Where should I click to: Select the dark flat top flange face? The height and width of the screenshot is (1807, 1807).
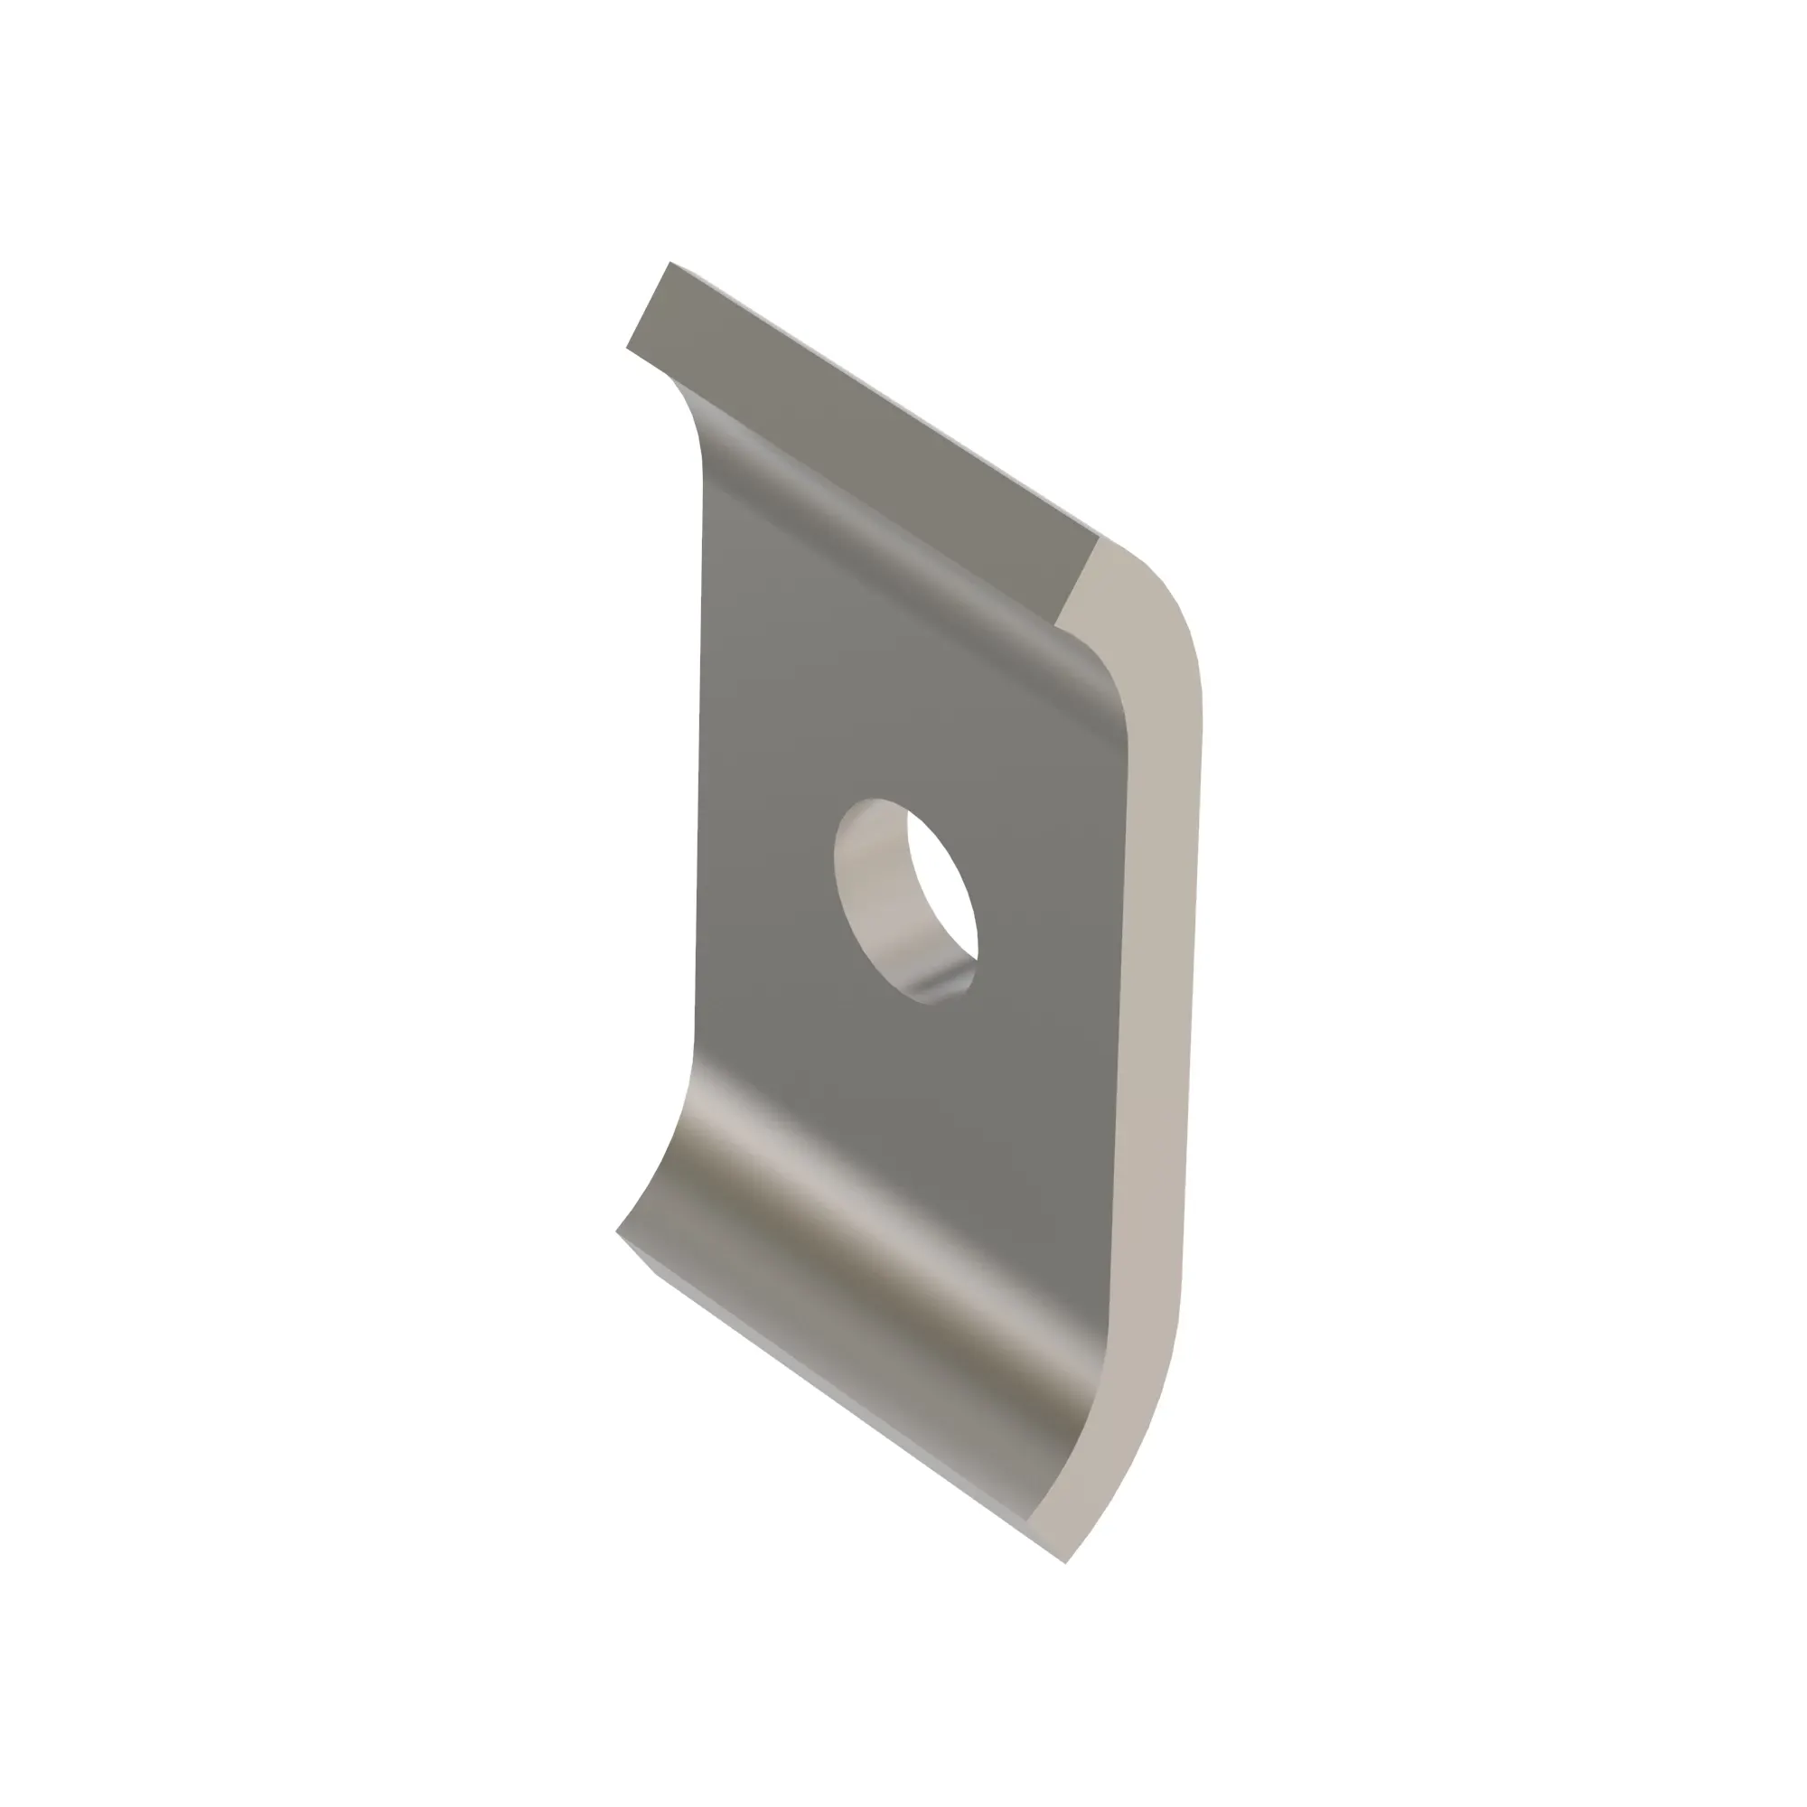860,440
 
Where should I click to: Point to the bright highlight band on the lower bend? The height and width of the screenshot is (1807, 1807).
898,1216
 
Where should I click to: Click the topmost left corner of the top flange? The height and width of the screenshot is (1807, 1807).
669,263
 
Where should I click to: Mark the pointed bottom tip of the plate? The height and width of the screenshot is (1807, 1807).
1065,1562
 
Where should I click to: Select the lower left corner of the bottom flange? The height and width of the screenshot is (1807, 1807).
617,1231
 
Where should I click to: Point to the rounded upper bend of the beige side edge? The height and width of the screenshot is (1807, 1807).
1160,617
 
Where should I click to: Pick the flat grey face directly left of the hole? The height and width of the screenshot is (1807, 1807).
767,888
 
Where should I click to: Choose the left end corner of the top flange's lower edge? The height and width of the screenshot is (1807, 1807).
627,348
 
